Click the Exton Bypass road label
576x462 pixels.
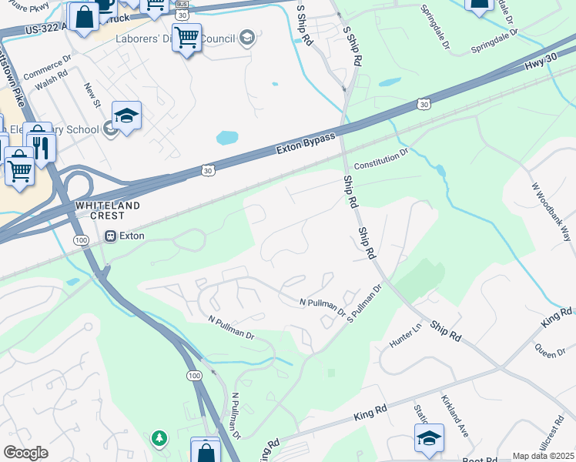[x=306, y=144]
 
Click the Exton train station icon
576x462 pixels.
[x=112, y=236]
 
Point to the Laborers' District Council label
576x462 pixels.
[x=176, y=39]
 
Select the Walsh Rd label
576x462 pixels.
[x=52, y=82]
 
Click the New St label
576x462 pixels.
[x=92, y=95]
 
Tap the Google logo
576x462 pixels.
[x=25, y=453]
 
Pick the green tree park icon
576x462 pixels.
[x=159, y=438]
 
